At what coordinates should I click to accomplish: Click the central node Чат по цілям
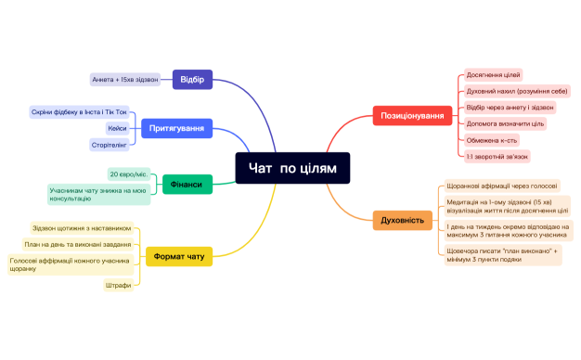tap(292, 168)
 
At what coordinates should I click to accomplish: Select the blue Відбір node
tap(193, 79)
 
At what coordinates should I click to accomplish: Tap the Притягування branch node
tap(176, 127)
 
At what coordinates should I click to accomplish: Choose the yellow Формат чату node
tap(178, 254)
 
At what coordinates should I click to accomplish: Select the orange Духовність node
tap(403, 220)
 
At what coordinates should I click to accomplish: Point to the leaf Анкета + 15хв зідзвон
tap(125, 79)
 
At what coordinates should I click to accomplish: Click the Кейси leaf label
tap(117, 128)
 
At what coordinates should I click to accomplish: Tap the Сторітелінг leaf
tap(110, 145)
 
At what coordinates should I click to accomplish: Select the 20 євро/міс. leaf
tap(128, 174)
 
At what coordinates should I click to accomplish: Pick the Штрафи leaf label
tap(118, 285)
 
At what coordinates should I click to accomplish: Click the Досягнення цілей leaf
tap(493, 75)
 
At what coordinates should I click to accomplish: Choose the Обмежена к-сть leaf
tap(492, 140)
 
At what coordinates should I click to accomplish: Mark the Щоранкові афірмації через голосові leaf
tap(501, 186)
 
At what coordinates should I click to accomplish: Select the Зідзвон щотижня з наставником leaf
tap(82, 227)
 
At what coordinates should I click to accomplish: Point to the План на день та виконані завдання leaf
tap(77, 245)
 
